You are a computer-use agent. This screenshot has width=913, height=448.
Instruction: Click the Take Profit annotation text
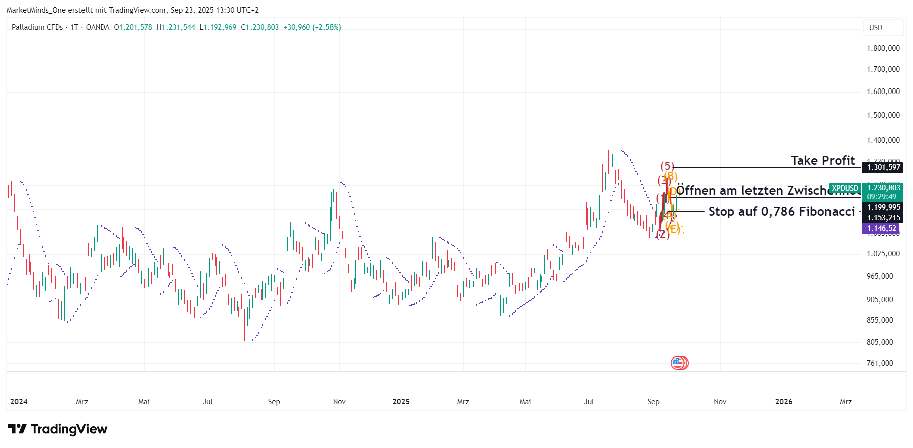(x=822, y=160)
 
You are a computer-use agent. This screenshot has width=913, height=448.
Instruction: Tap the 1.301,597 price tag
(x=883, y=167)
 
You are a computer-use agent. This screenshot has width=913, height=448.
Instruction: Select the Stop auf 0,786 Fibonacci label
(x=781, y=212)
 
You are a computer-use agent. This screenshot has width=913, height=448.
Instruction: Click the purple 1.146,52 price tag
(x=881, y=228)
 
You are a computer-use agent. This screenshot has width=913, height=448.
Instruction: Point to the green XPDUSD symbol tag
(x=845, y=188)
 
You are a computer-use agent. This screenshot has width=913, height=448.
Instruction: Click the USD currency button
(x=876, y=28)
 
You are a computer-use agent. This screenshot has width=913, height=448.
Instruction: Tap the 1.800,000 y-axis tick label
(x=883, y=48)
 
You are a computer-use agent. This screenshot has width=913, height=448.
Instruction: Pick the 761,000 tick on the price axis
(x=880, y=363)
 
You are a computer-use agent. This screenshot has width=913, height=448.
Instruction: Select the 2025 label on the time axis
(x=401, y=402)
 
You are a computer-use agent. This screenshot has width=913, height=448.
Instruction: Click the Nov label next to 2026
(x=720, y=402)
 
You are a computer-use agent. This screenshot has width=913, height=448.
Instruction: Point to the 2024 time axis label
(x=19, y=402)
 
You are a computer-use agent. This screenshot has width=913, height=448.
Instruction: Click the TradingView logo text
(x=69, y=429)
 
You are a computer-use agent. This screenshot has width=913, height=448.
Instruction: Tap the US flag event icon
(x=679, y=363)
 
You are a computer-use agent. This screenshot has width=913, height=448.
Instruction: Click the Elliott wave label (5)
(x=667, y=166)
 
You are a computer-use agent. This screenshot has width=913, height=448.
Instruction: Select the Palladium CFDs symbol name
(x=37, y=27)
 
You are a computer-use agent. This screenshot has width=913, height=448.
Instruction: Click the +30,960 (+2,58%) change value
(x=312, y=27)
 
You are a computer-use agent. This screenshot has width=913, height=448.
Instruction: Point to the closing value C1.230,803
(x=260, y=27)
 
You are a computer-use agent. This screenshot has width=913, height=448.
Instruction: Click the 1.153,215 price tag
(x=883, y=218)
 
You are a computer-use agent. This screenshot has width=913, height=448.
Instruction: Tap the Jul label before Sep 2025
(x=589, y=402)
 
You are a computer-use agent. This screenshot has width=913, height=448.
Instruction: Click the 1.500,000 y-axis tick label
(x=883, y=115)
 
